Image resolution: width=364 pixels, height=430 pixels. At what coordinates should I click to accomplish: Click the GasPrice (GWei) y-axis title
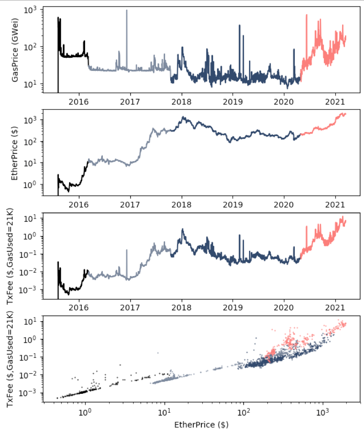pyautogui.click(x=15, y=50)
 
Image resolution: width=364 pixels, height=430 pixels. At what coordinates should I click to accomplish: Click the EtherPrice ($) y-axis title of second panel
pyautogui.click(x=14, y=153)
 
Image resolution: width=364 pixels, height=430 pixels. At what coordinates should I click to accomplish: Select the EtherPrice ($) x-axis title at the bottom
pyautogui.click(x=201, y=425)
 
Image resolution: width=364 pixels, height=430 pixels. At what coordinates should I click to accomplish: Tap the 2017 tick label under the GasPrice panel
pyautogui.click(x=130, y=102)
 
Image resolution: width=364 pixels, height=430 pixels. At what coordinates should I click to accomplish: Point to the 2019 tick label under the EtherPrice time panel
pyautogui.click(x=233, y=205)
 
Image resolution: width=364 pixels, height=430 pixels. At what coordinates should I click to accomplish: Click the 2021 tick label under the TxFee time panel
pyautogui.click(x=335, y=308)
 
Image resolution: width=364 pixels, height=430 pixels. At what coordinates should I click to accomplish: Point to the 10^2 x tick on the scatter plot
pyautogui.click(x=243, y=412)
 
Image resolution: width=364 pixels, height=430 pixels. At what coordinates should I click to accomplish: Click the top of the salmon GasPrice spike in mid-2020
pyautogui.click(x=306, y=15)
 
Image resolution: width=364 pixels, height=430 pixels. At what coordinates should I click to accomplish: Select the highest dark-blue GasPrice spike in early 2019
pyautogui.click(x=240, y=25)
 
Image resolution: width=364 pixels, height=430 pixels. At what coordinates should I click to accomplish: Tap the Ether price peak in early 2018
pyautogui.click(x=183, y=117)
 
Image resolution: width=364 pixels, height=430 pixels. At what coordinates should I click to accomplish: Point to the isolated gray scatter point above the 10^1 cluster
pyautogui.click(x=158, y=353)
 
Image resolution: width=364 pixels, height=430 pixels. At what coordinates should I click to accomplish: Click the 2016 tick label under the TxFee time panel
pyautogui.click(x=79, y=308)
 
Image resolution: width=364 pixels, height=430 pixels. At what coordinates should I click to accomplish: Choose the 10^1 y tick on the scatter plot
pyautogui.click(x=30, y=322)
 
